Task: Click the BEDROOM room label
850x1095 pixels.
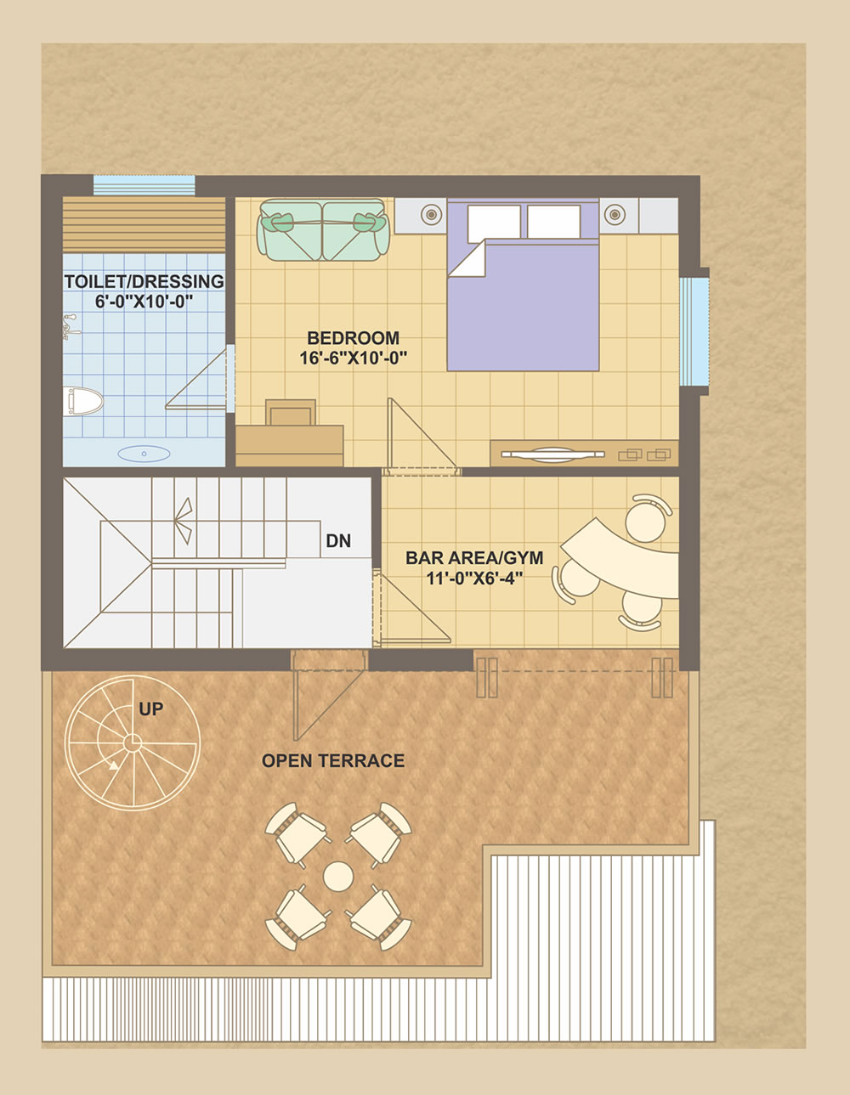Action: coord(353,337)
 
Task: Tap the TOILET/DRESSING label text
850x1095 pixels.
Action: coord(144,281)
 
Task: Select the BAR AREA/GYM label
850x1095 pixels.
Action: coord(474,558)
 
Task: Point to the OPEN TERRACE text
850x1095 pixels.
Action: coord(333,760)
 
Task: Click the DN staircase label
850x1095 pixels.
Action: coord(338,540)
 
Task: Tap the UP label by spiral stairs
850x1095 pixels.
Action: coord(150,709)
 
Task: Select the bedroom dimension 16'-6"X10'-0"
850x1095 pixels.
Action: coord(354,358)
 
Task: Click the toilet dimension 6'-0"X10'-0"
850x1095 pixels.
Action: coord(144,302)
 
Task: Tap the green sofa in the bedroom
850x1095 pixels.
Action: coord(323,229)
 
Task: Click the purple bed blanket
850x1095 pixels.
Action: coord(524,306)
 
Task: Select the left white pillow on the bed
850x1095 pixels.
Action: coord(494,223)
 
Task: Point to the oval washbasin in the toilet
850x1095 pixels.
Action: coord(144,454)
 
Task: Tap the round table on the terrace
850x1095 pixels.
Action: coord(337,876)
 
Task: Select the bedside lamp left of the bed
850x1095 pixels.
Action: coord(431,215)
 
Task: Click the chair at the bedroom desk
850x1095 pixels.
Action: coord(291,413)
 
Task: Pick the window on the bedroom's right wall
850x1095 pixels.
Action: coord(694,331)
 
